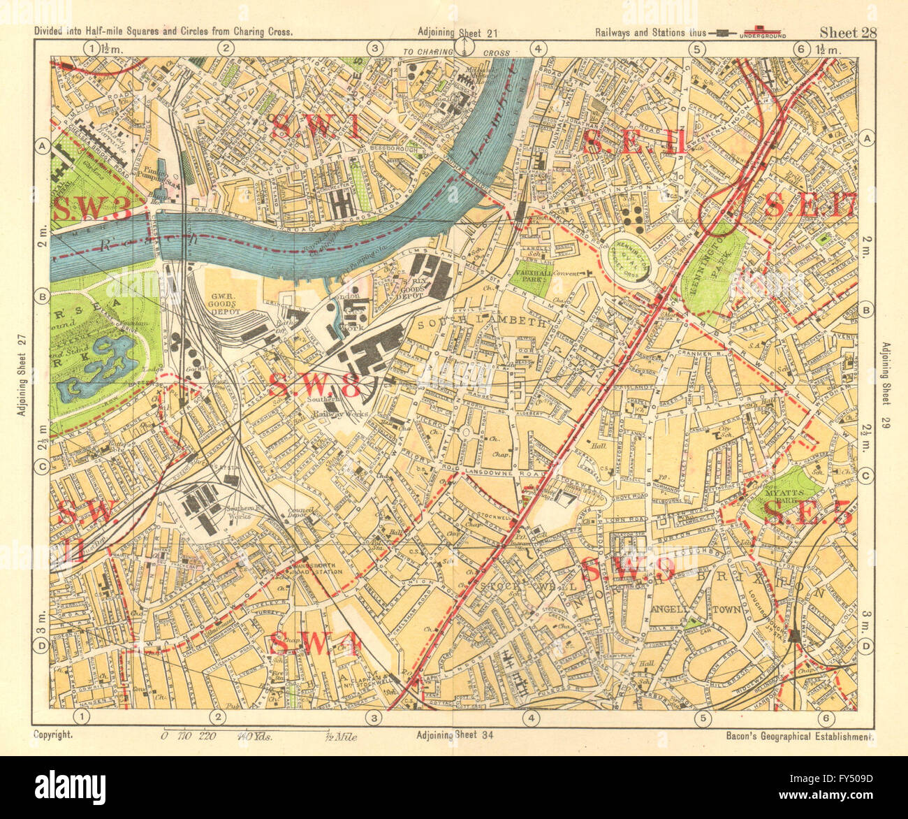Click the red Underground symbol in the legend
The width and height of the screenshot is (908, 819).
click(x=764, y=33)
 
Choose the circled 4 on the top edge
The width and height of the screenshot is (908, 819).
click(x=538, y=48)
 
